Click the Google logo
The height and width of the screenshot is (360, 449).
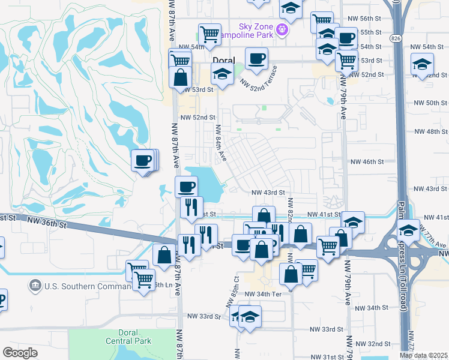pyautogui.click(x=20, y=352)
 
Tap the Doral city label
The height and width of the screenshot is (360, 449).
pyautogui.click(x=223, y=60)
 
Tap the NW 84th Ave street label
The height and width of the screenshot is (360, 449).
pyautogui.click(x=220, y=142)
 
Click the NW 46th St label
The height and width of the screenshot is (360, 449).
pyautogui.click(x=367, y=162)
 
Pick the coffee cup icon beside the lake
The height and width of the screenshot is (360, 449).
pyautogui.click(x=186, y=187)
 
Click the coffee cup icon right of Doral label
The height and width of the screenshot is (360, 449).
pyautogui.click(x=257, y=59)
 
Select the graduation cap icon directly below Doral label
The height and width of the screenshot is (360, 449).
pyautogui.click(x=222, y=74)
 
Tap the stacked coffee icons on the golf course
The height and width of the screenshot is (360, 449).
pyautogui.click(x=144, y=160)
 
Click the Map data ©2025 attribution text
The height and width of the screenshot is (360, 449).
pyautogui.click(x=424, y=355)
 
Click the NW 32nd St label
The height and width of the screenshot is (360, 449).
pyautogui.click(x=379, y=344)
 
